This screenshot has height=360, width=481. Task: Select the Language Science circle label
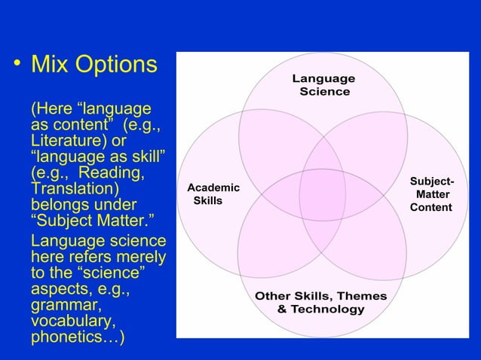click(324, 85)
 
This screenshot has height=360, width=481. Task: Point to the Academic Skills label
click(213, 194)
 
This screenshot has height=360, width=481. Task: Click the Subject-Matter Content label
click(432, 194)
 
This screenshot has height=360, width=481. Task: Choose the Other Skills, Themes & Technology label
click(321, 303)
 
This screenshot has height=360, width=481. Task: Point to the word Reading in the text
click(119, 172)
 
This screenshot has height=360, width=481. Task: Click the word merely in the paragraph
click(140, 258)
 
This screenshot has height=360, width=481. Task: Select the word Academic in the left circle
click(213, 188)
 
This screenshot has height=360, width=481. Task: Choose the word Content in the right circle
click(432, 207)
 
